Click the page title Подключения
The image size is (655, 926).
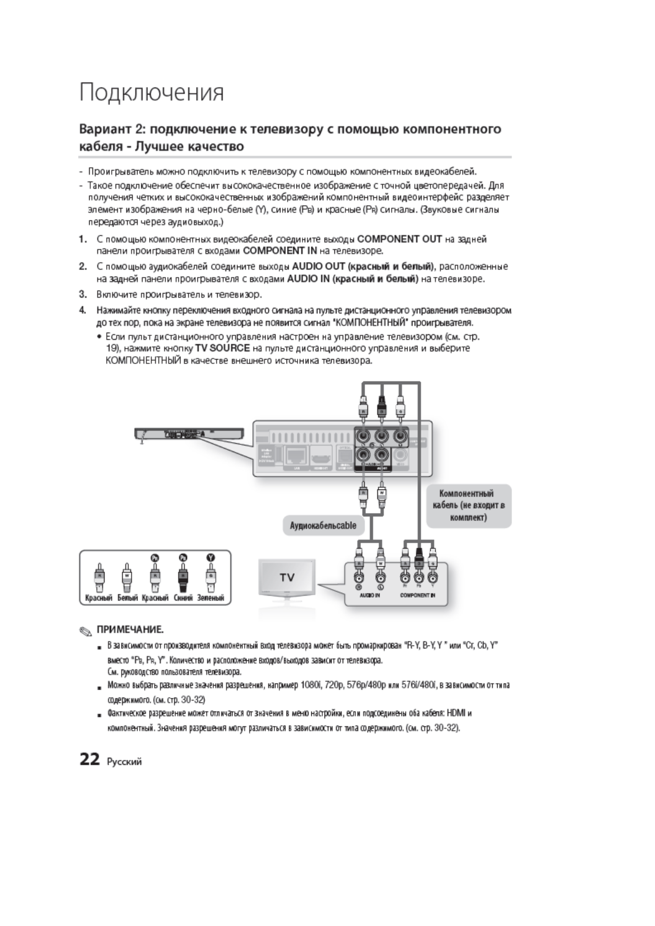click(x=152, y=92)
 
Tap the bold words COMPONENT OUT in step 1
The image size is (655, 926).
click(x=399, y=239)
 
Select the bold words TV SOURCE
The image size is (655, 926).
click(x=222, y=348)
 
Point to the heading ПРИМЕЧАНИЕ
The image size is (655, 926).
click(x=130, y=629)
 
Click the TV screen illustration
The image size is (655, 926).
click(x=287, y=577)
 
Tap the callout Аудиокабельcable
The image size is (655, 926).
click(x=323, y=525)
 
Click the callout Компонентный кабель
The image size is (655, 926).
click(x=469, y=505)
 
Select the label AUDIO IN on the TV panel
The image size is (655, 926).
click(x=370, y=596)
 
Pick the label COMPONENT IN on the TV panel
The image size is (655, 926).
click(x=418, y=596)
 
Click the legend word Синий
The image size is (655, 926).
click(x=183, y=598)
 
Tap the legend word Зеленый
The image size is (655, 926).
click(x=211, y=598)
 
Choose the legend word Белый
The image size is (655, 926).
click(x=127, y=598)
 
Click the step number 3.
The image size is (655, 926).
click(x=83, y=294)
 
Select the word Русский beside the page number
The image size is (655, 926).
click(x=125, y=762)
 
